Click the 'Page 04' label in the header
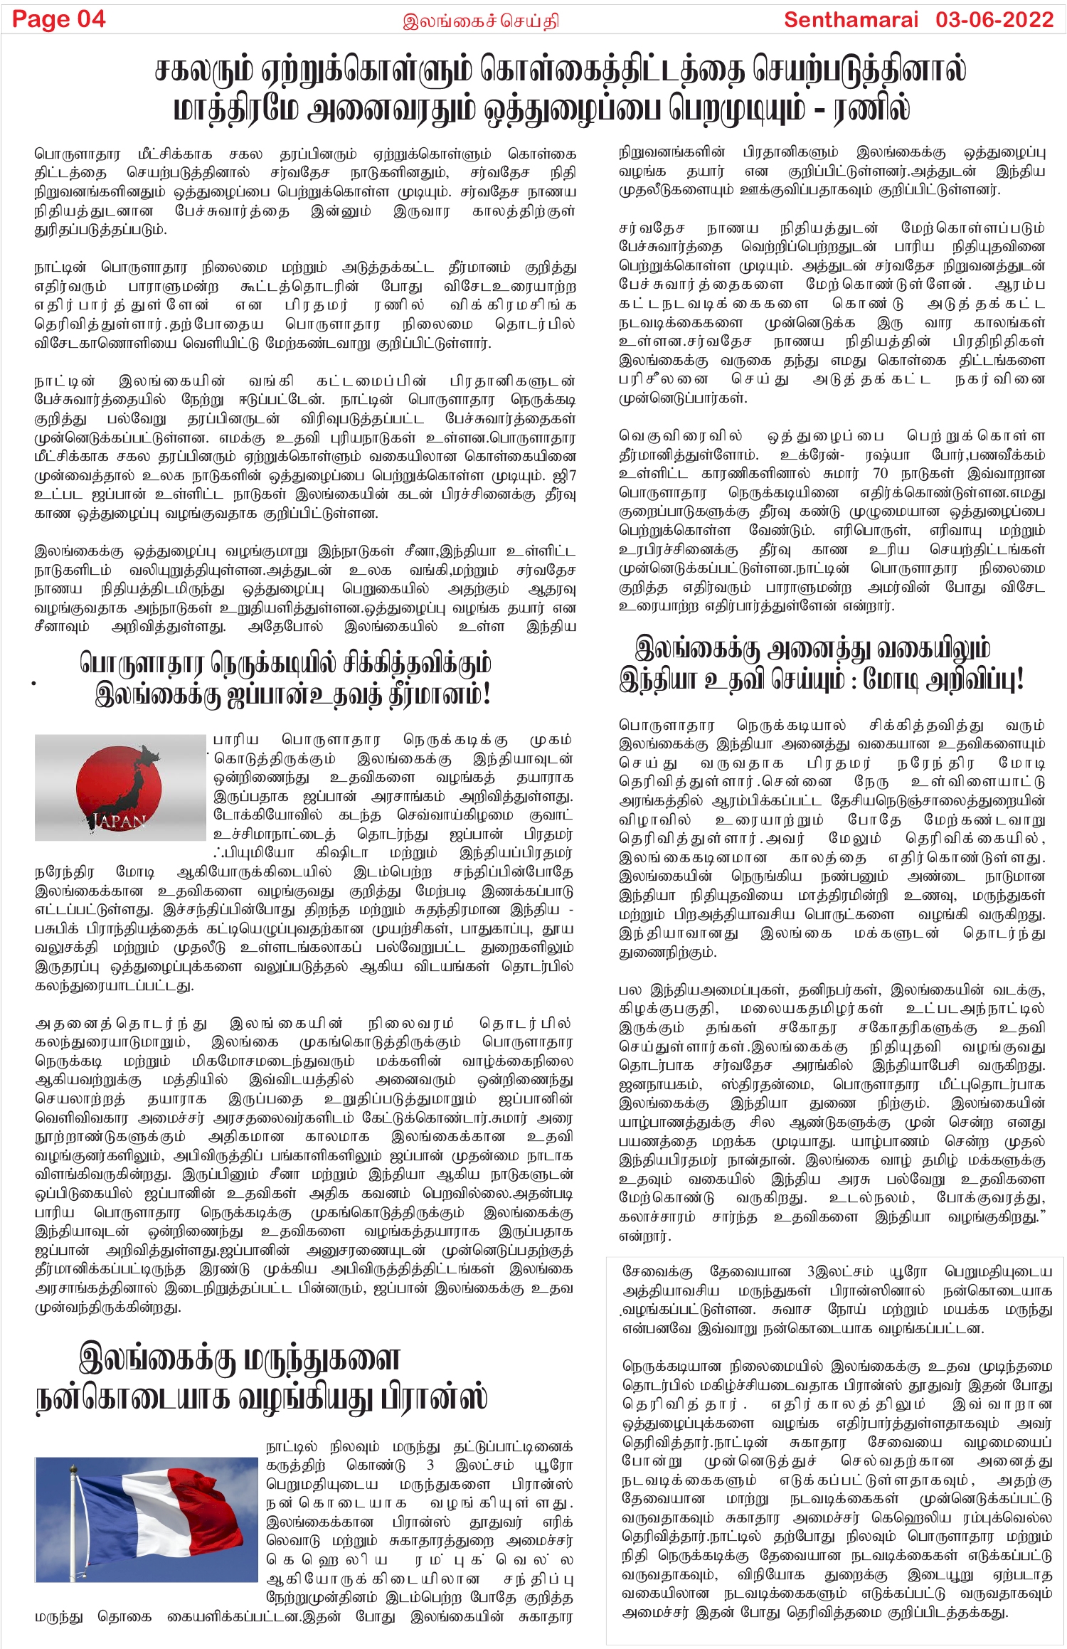click(x=59, y=19)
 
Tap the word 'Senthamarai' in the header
click(x=851, y=19)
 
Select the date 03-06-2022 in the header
click(x=994, y=19)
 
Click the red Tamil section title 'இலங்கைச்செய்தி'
click(x=481, y=21)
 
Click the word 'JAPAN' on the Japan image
click(x=120, y=820)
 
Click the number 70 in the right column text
click(x=880, y=473)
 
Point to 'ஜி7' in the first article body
click(x=566, y=475)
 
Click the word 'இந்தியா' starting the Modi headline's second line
click(x=658, y=679)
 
